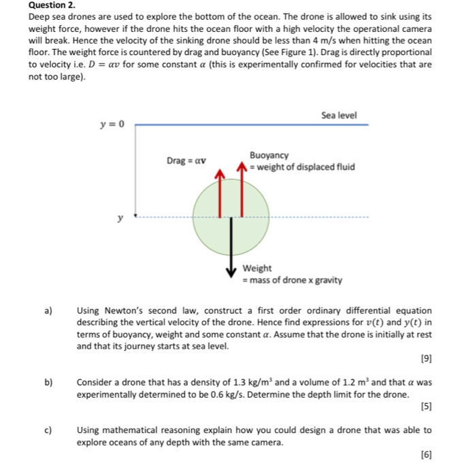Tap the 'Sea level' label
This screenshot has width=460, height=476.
point(338,116)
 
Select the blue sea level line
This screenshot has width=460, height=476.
point(252,125)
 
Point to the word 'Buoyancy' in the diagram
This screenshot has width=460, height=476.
point(269,156)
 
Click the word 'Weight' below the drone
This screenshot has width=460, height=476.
point(257,269)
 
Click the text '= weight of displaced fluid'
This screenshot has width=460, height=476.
point(301,167)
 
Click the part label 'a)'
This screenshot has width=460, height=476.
point(48,311)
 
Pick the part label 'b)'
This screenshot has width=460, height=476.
point(48,382)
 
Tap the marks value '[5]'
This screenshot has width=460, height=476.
point(426,406)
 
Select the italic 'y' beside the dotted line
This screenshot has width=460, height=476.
point(120,218)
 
